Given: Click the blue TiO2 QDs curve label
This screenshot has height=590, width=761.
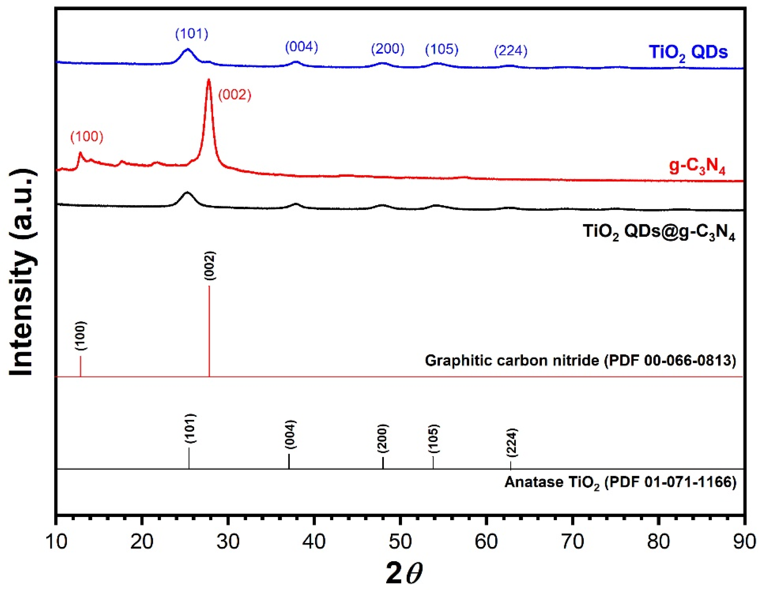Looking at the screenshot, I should tap(688, 52).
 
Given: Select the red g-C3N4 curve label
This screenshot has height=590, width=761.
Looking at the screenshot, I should tap(697, 167).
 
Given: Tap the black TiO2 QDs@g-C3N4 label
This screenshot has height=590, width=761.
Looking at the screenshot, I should tap(659, 232).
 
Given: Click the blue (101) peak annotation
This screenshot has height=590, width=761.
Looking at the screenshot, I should tap(192, 34).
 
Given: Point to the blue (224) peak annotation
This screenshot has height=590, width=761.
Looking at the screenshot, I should tap(511, 51).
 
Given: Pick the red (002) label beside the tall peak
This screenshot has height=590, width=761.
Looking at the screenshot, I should tap(235, 95).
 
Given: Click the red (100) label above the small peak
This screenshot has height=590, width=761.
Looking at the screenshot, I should tap(87, 137).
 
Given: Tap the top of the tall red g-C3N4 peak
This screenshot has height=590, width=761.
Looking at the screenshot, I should tap(209, 81).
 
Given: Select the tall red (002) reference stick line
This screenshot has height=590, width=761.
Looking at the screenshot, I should tap(209, 331).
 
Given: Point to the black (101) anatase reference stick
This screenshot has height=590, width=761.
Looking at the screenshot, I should tap(189, 458).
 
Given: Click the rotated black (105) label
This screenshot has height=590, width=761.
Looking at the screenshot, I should tap(434, 439).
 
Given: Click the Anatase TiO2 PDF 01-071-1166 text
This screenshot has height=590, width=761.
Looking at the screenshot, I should tap(620, 482).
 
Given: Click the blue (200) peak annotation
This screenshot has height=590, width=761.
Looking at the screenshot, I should tap(387, 49).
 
